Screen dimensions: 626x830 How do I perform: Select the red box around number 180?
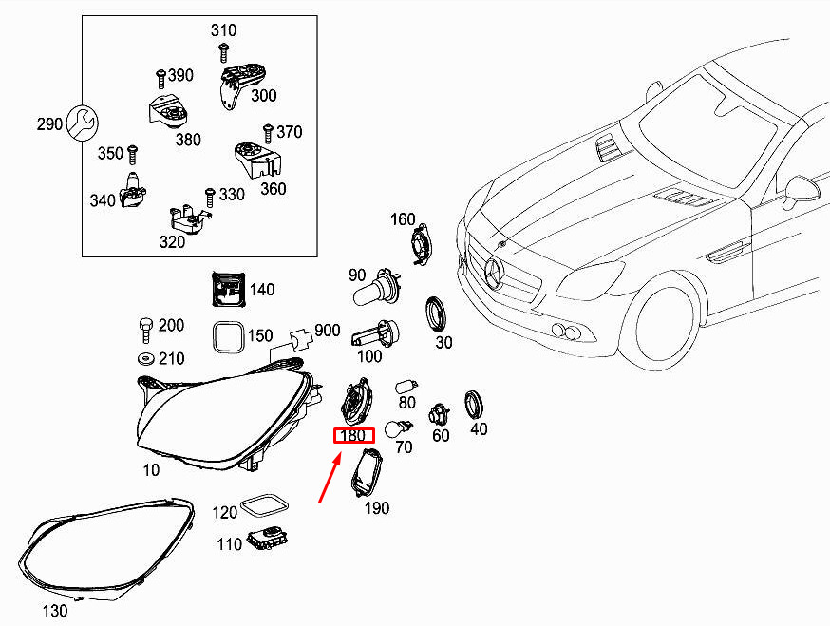coord(353,436)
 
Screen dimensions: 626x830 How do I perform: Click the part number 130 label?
coord(56,611)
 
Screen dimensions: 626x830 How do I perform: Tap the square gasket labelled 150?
coord(227,336)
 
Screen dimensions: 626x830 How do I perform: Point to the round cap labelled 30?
coord(439,311)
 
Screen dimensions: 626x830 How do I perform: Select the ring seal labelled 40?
coord(473,404)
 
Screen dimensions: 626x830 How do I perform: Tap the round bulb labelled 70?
coord(399,429)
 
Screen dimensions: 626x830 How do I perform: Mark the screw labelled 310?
coord(224,50)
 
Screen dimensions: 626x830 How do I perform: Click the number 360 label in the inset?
coord(273,189)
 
